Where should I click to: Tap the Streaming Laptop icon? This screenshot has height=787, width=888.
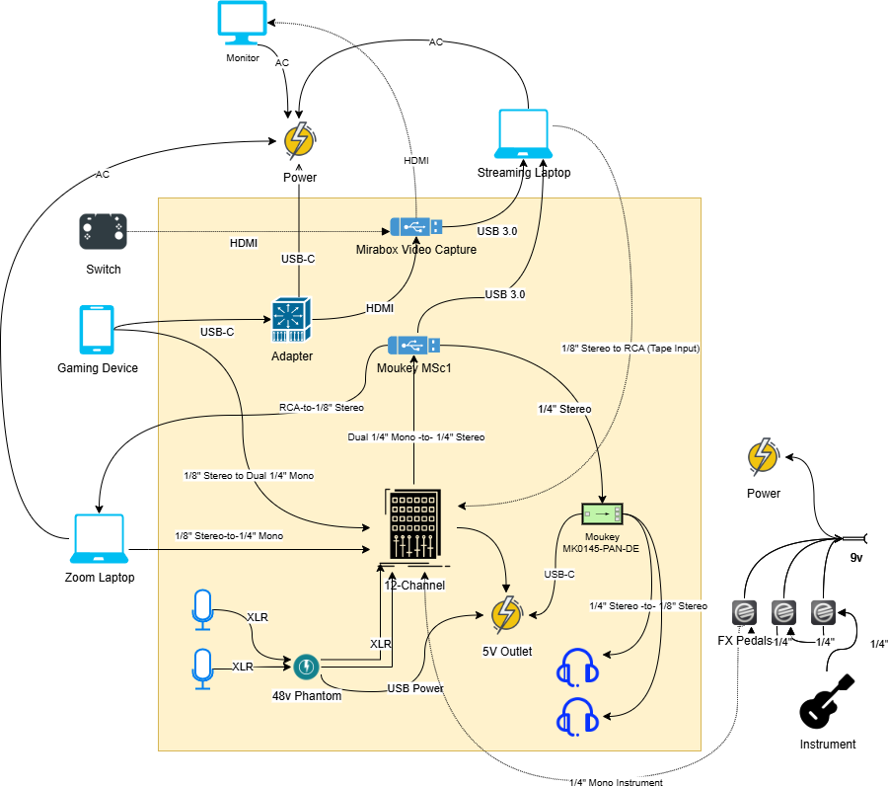pyautogui.click(x=523, y=134)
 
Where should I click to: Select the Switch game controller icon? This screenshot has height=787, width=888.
pyautogui.click(x=103, y=232)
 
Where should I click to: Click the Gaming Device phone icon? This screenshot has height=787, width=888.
pyautogui.click(x=97, y=329)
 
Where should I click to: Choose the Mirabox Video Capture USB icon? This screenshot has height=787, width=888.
pyautogui.click(x=415, y=226)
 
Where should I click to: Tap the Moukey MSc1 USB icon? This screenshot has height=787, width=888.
pyautogui.click(x=413, y=346)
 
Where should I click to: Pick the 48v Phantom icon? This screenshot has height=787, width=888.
pyautogui.click(x=306, y=668)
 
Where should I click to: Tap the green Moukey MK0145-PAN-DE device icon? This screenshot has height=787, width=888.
pyautogui.click(x=603, y=513)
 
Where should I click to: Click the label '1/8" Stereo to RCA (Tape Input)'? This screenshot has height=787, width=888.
pyautogui.click(x=630, y=348)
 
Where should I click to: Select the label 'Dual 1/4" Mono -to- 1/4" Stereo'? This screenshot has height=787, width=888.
pyautogui.click(x=415, y=436)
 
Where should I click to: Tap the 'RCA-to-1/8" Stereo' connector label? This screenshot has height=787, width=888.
pyautogui.click(x=322, y=407)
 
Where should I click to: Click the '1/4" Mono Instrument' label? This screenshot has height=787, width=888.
pyautogui.click(x=616, y=782)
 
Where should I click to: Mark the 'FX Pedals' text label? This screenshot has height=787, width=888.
pyautogui.click(x=745, y=641)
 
